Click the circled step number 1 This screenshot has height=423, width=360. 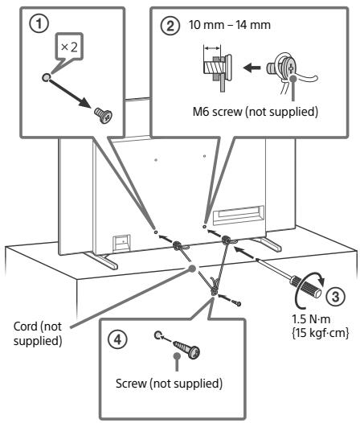(x=39, y=23)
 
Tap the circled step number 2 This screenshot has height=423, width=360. (x=170, y=26)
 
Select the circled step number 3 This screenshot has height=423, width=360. (x=335, y=296)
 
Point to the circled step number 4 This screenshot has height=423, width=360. (x=118, y=339)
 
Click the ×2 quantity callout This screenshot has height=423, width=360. (x=69, y=47)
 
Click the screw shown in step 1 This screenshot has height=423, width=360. (x=104, y=115)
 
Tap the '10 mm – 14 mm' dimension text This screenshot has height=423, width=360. (x=230, y=25)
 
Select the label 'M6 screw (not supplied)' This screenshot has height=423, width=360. (x=256, y=111)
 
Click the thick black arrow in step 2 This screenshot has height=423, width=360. (x=252, y=68)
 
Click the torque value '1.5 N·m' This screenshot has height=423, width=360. (x=311, y=319)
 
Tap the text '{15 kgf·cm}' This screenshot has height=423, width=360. (x=321, y=333)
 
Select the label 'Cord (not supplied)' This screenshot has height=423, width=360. (x=38, y=334)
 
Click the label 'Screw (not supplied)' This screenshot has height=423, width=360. (x=169, y=383)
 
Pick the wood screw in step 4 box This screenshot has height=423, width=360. (x=186, y=349)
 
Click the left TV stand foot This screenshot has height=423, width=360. (x=101, y=260)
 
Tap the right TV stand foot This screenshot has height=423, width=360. (x=266, y=244)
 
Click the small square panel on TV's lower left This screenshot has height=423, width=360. (x=121, y=243)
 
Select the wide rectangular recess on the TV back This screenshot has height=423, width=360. (x=239, y=215)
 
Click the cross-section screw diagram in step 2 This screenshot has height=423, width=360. (x=217, y=70)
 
